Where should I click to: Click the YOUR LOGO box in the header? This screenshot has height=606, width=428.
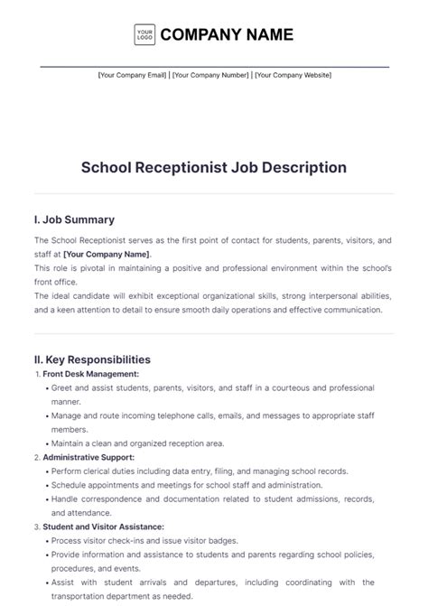[144, 35]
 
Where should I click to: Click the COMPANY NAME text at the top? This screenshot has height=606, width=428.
[227, 35]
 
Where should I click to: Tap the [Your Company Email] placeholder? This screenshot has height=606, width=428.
[133, 75]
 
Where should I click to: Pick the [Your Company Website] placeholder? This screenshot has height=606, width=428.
[293, 75]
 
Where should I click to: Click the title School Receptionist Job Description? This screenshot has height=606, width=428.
[214, 167]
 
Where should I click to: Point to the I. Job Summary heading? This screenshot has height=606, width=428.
[74, 219]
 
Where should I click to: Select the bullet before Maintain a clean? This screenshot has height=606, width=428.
[45, 443]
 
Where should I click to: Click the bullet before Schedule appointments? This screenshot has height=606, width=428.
[45, 485]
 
